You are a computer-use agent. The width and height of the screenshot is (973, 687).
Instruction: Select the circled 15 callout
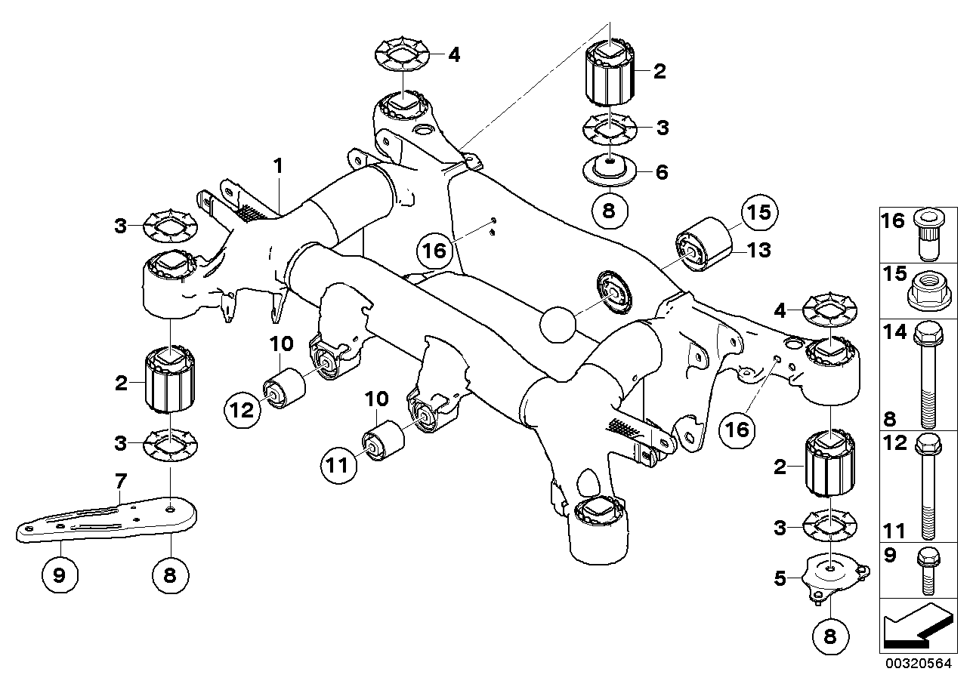(x=758, y=214)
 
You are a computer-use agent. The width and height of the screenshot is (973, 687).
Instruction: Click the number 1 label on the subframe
(x=277, y=163)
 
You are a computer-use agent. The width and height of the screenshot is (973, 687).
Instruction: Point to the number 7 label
(x=119, y=480)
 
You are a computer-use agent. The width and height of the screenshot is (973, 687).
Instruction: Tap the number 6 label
(x=662, y=171)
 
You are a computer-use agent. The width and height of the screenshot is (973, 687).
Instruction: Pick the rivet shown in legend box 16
(x=928, y=233)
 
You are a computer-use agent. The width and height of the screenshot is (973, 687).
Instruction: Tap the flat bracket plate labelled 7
(x=113, y=519)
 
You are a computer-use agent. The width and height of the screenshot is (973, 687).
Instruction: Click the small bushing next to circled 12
(x=283, y=387)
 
